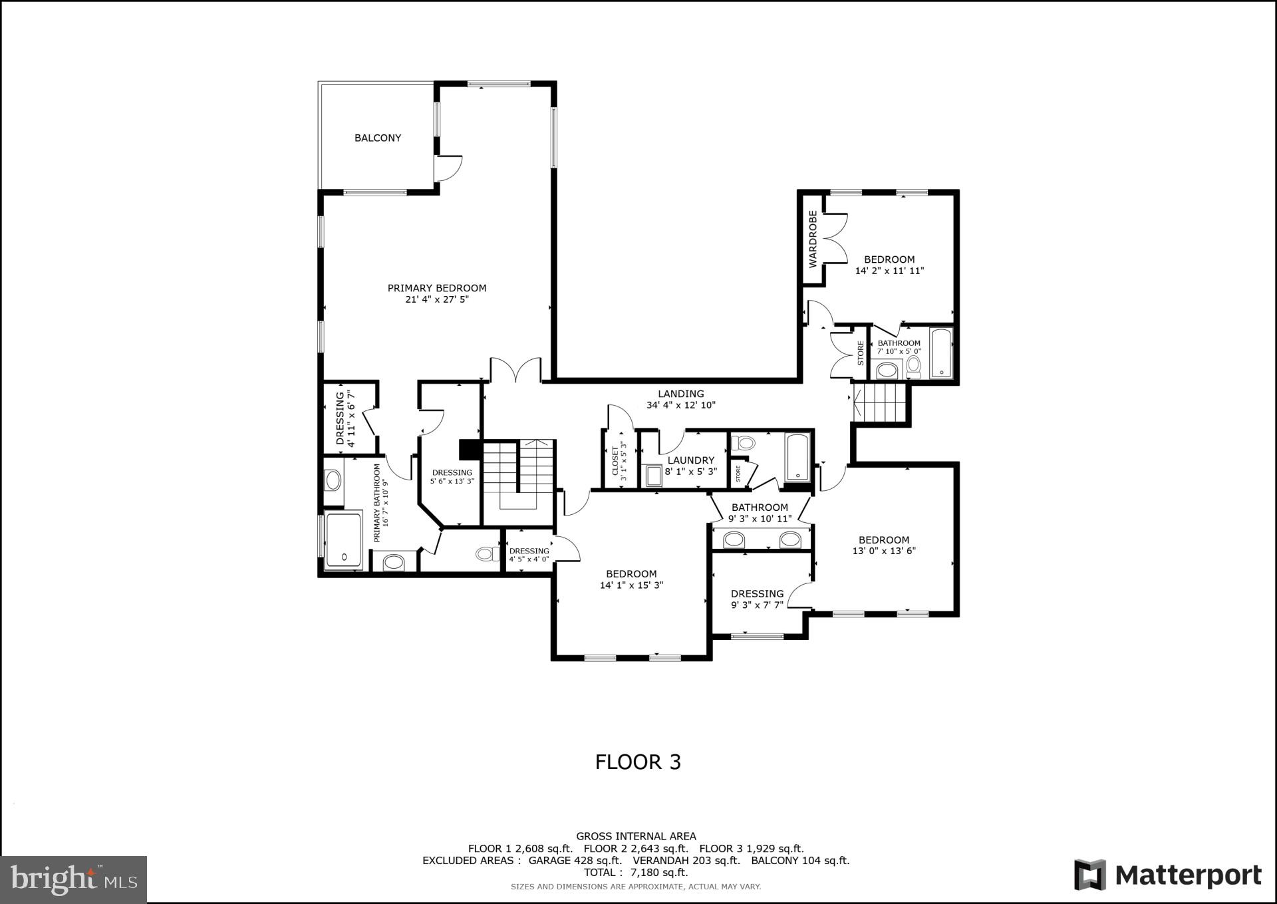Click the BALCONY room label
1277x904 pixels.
pos(377,138)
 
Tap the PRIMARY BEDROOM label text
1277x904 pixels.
pos(437,288)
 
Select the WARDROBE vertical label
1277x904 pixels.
pos(813,239)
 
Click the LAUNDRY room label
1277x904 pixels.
pos(690,460)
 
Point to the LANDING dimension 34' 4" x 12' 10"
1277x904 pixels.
pos(681,405)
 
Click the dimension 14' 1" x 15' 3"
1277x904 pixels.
pos(631,585)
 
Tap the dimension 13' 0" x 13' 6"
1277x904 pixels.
pos(884,551)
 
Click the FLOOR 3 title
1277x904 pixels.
pos(638,762)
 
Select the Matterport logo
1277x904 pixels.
pos(1168,875)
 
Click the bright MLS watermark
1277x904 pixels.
pos(73,879)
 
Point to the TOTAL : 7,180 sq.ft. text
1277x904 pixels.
pos(636,872)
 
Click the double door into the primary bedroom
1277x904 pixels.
pos(515,371)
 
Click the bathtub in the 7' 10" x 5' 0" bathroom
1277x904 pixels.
pos(940,353)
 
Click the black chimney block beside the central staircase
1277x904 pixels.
pos(470,450)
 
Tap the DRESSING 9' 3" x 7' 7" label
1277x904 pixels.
pos(757,594)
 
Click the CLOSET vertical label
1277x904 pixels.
pos(615,460)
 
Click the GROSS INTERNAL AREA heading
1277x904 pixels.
pos(636,836)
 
